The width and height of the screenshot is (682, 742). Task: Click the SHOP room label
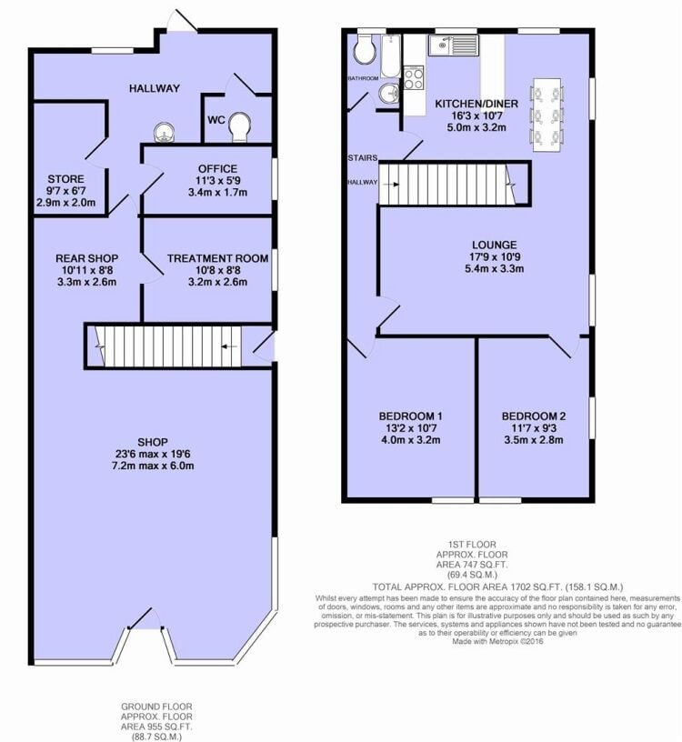pos(153,442)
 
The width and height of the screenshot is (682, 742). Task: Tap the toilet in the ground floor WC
pos(239,126)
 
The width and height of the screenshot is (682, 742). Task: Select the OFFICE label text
pos(217,168)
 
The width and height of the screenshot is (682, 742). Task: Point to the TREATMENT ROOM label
pos(217,258)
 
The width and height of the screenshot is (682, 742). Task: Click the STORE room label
pos(65,179)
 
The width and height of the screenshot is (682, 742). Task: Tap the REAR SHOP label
pos(87,258)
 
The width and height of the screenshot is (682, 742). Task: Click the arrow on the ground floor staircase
pos(229,346)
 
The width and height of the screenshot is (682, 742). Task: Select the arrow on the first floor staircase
pos(391,185)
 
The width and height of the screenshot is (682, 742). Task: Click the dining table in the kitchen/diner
pos(547,115)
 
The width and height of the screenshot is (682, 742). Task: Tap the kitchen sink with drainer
pos(455,45)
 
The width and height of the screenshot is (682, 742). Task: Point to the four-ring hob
pos(414,78)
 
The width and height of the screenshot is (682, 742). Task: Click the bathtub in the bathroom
pos(391,55)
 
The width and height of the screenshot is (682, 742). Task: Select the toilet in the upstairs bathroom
pos(366,48)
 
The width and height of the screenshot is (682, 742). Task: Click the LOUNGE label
pos(494,245)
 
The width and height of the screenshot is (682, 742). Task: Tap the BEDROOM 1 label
pos(410,416)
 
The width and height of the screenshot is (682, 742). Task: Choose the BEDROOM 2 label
pos(534,416)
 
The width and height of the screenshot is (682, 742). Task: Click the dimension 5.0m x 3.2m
pos(476,127)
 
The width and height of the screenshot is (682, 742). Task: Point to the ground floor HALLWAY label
pos(155,88)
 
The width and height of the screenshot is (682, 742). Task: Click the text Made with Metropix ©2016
pos(497,642)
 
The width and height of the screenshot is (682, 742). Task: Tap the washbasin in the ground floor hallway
pos(165,132)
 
